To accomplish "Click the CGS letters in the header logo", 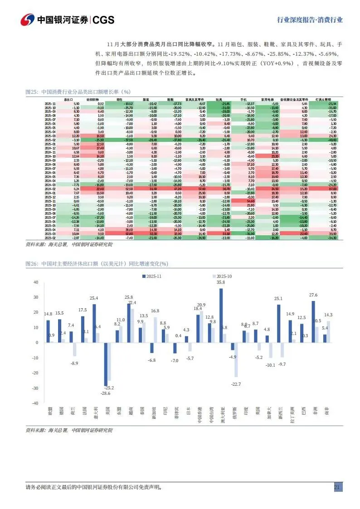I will point(103,20).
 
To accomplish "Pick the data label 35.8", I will point(221,282).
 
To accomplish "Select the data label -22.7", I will point(235,384).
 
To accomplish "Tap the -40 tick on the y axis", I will point(35,403).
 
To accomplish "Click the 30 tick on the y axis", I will point(35,297).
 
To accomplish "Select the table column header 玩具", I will point(219,99).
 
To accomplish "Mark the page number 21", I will point(337,487).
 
